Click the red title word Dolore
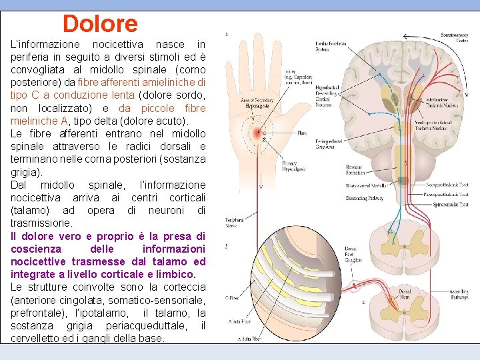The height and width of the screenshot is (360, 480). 100,24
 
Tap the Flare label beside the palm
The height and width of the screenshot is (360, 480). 302,133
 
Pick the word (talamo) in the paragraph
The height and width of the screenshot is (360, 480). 31,210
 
